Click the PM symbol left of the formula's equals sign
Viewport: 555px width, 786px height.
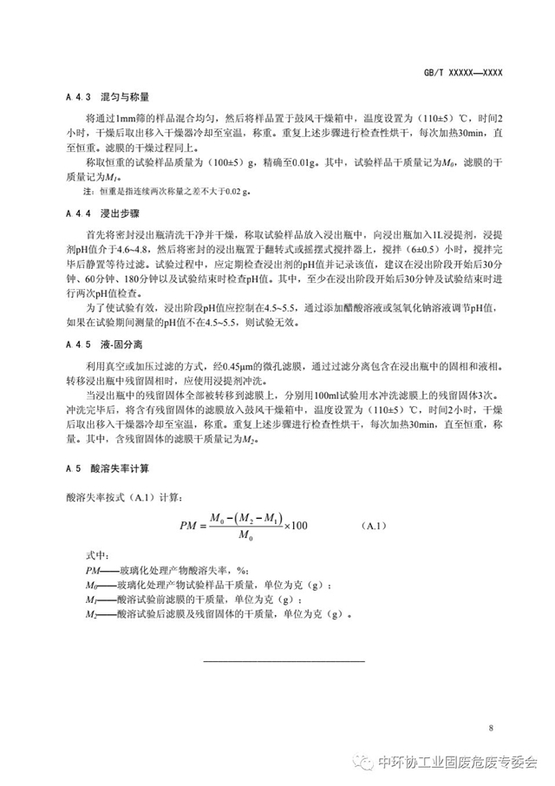click(190, 526)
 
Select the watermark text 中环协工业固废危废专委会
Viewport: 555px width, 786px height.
click(458, 763)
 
